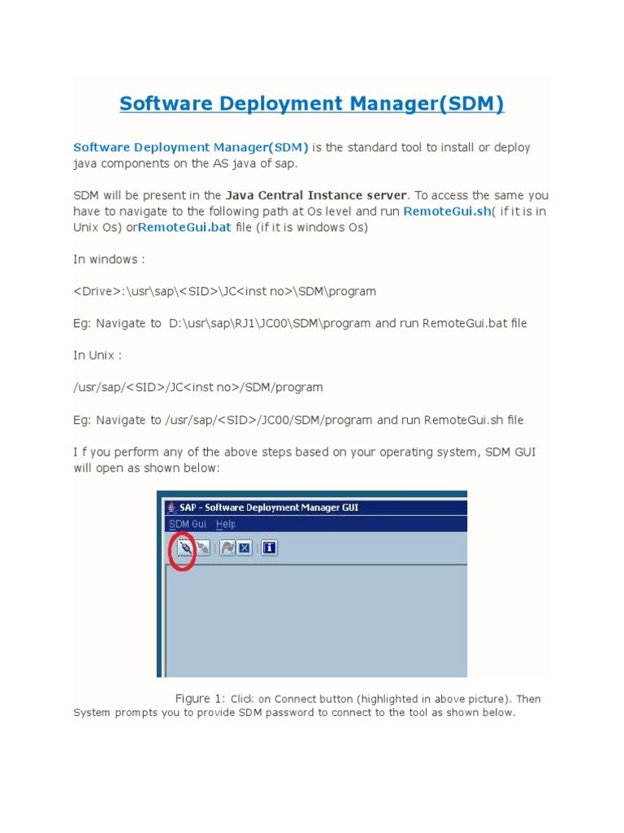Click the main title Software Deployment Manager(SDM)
[312, 104]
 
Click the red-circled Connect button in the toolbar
[185, 548]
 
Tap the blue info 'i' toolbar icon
[270, 548]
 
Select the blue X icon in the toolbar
[244, 548]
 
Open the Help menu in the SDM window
[226, 525]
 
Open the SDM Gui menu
[188, 525]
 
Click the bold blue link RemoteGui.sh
[447, 212]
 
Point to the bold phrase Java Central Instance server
[316, 195]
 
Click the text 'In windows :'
[109, 259]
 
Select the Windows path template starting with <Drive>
[224, 291]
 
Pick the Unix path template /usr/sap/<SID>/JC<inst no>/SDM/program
[197, 387]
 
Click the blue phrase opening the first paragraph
[191, 147]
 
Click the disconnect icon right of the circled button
[203, 548]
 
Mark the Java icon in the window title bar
[171, 508]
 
